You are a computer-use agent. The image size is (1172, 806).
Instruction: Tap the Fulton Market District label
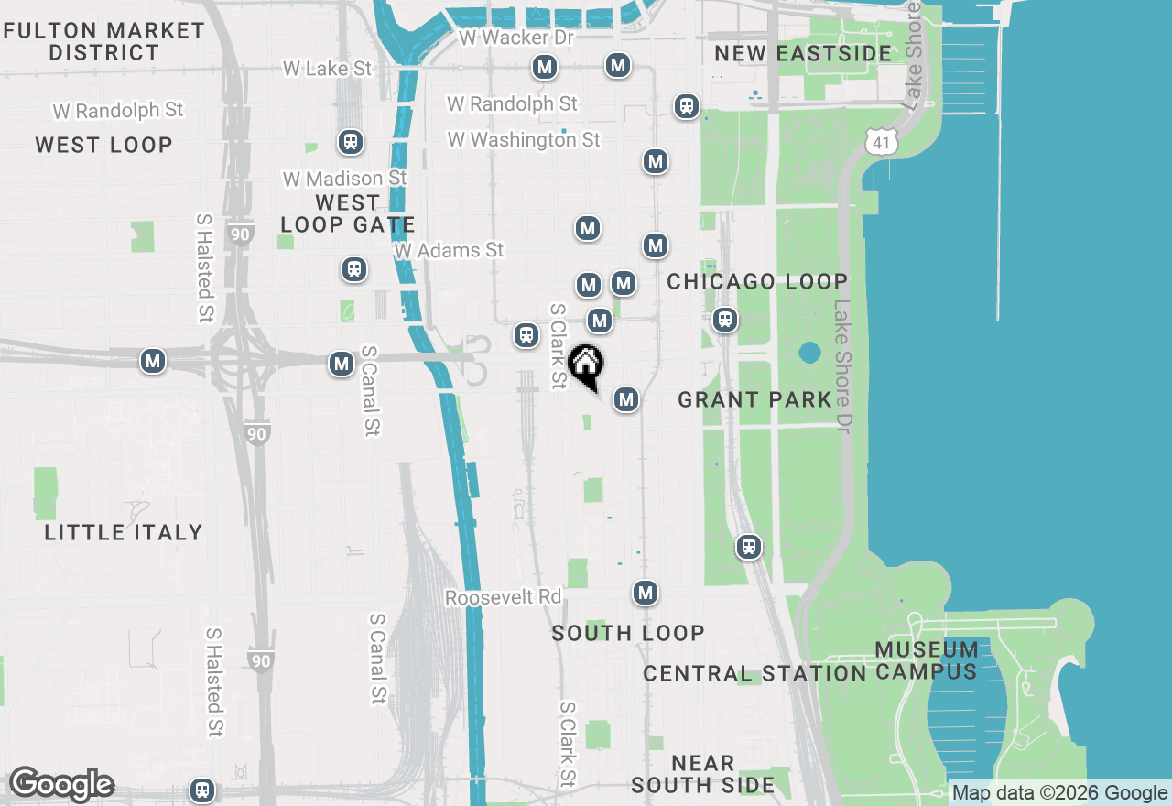(x=104, y=41)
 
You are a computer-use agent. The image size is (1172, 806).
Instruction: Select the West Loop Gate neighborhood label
(x=348, y=213)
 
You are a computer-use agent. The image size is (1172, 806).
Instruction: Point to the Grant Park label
(x=755, y=399)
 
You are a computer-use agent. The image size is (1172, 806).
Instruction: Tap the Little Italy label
(x=124, y=532)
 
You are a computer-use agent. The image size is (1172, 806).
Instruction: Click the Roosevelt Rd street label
(x=503, y=597)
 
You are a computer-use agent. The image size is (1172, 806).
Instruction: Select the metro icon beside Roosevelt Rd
(x=646, y=593)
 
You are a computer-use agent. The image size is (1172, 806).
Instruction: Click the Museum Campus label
(x=926, y=660)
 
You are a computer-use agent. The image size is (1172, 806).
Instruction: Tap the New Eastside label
(x=803, y=53)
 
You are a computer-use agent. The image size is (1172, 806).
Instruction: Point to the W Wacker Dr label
(x=516, y=38)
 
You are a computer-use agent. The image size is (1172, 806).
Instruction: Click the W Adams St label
(x=450, y=250)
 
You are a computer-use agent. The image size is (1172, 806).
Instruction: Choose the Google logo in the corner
(x=61, y=784)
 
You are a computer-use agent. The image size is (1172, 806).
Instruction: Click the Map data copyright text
(x=1060, y=793)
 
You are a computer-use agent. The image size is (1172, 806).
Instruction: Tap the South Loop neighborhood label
(x=628, y=633)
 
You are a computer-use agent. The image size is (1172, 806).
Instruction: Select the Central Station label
(x=754, y=674)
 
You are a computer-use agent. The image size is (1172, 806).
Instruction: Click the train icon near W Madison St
(x=350, y=142)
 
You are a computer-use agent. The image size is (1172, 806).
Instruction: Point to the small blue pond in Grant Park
(x=809, y=353)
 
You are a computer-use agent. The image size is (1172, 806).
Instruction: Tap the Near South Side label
(x=702, y=774)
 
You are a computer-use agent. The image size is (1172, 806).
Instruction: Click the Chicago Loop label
(x=757, y=281)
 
